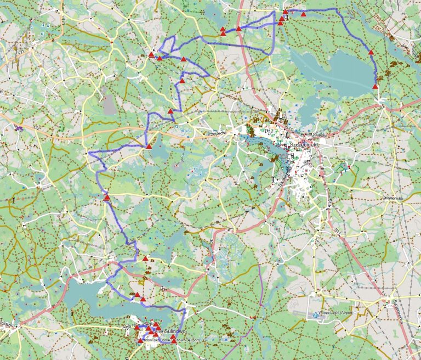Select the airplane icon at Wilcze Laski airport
click(315, 314)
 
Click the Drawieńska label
click(394, 198)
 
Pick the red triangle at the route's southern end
click(174, 340)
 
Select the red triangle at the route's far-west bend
click(106, 198)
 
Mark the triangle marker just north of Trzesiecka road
click(170, 111)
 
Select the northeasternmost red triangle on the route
click(303, 14)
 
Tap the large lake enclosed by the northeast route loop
click(340, 69)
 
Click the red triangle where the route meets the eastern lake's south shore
click(376, 86)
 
